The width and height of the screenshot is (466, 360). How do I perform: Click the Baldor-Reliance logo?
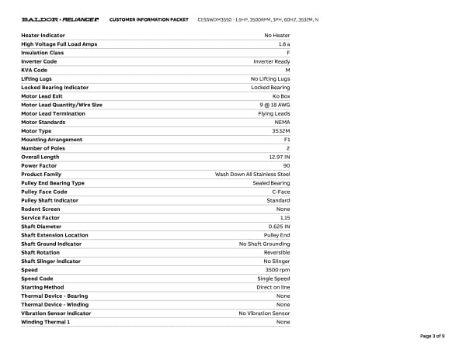pos(60,19)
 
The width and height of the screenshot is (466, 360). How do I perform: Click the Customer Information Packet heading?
pos(148,19)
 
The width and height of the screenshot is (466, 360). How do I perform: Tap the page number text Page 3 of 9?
pos(433,336)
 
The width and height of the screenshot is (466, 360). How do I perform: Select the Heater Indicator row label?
pos(43,36)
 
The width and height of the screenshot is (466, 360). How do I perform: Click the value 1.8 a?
pos(283,44)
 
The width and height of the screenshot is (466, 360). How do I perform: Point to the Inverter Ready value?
pos(272,61)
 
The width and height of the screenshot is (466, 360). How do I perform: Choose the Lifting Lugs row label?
pos(38,78)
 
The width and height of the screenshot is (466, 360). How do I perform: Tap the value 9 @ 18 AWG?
pos(275,105)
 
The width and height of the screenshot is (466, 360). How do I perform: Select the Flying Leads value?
pos(274,113)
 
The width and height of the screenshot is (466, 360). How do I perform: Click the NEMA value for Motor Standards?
pos(282,122)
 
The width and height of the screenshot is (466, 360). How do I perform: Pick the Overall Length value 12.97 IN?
pos(277,157)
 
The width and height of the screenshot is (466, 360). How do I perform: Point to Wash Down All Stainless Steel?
pos(252,174)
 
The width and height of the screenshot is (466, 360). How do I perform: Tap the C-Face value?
pos(280,192)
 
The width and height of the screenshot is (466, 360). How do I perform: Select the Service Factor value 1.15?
pos(285,218)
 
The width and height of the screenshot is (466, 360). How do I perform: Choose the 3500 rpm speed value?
pos(277,270)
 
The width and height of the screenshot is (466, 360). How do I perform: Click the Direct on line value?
pos(273,287)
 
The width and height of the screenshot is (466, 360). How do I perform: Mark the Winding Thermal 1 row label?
pos(45,322)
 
